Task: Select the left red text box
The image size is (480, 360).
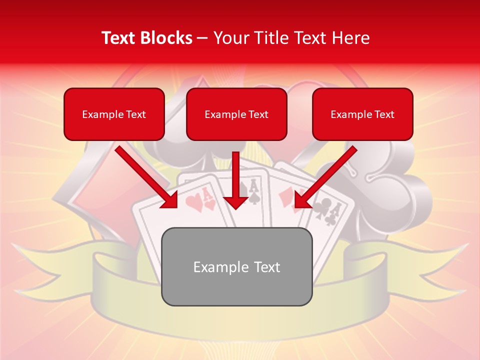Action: coord(114,114)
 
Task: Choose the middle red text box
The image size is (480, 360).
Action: coord(236,114)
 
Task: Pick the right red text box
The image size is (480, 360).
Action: coord(362,114)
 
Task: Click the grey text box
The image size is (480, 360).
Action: coord(236,266)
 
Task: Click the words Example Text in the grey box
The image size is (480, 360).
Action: coord(236,266)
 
